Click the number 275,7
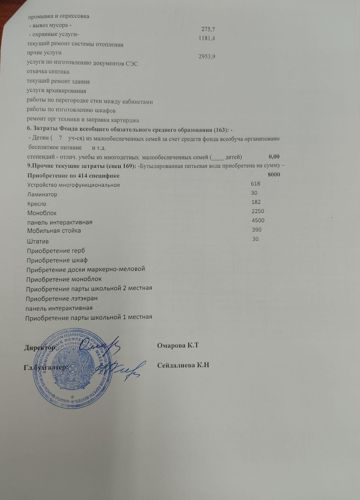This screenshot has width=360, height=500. pyautogui.click(x=208, y=29)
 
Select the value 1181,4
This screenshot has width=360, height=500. pyautogui.click(x=207, y=38)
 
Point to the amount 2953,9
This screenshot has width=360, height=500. pyautogui.click(x=207, y=57)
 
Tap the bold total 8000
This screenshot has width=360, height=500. pyautogui.click(x=274, y=174)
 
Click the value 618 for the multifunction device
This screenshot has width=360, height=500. pyautogui.click(x=256, y=184)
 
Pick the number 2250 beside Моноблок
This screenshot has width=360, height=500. pyautogui.click(x=258, y=211)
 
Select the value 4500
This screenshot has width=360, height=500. pyautogui.click(x=258, y=220)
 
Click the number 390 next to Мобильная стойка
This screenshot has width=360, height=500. pyautogui.click(x=257, y=230)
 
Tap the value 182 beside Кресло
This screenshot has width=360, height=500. pyautogui.click(x=256, y=202)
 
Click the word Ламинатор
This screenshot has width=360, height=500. pyautogui.click(x=42, y=194)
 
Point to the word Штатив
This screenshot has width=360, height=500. pyautogui.click(x=38, y=241)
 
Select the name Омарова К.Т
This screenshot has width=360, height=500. pyautogui.click(x=178, y=346)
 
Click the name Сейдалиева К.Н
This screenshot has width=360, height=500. pyautogui.click(x=183, y=365)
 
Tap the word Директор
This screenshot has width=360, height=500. pyautogui.click(x=40, y=347)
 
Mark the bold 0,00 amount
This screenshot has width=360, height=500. pyautogui.click(x=274, y=157)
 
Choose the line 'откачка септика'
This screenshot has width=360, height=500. pyautogui.click(x=48, y=72)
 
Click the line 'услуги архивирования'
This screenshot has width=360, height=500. pyautogui.click(x=56, y=91)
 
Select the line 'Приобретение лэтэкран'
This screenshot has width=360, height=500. pyautogui.click(x=62, y=299)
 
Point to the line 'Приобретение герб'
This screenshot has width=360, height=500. pyautogui.click(x=56, y=251)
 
